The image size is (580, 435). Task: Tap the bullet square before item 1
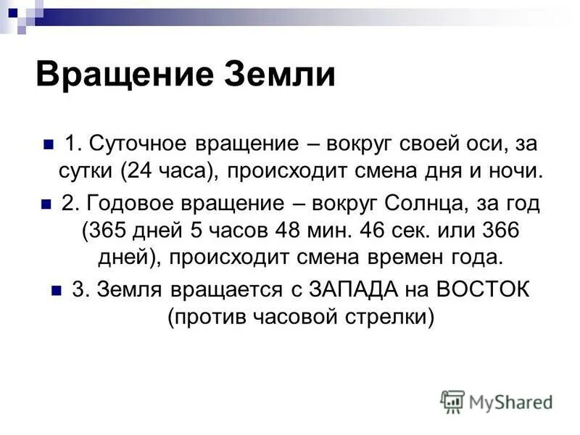49,144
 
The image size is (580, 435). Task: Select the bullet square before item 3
57,289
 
